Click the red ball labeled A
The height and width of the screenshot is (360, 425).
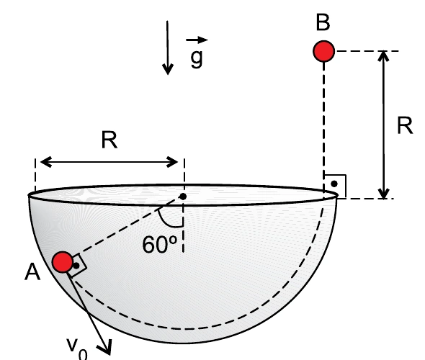63,261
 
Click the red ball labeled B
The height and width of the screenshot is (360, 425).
323,51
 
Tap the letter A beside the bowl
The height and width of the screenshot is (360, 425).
32,272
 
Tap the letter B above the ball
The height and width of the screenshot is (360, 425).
323,22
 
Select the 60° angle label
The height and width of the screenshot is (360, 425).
160,245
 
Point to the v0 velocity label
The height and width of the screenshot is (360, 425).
77,349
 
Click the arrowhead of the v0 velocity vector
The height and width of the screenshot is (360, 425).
107,348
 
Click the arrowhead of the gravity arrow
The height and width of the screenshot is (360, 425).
168,69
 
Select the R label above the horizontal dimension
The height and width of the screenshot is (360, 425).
109,140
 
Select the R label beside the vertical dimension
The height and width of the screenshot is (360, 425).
405,126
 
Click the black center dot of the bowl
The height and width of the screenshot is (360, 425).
183,197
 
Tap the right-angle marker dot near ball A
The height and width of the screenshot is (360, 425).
76,266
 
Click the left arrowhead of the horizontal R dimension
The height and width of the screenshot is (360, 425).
45,162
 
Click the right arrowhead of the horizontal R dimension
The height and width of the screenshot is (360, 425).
172,162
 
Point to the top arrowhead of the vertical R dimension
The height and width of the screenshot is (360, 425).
383,56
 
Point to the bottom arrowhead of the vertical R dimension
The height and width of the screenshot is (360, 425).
383,194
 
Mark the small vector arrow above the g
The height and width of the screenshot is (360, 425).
197,40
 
